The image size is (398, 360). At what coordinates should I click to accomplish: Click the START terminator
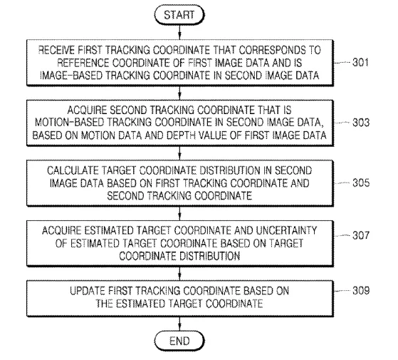(x=179, y=15)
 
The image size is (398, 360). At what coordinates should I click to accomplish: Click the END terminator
(x=179, y=341)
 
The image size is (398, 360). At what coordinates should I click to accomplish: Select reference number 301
(x=360, y=63)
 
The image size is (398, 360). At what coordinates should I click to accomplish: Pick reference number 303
(x=361, y=123)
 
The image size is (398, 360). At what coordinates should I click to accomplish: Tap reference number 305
(x=361, y=183)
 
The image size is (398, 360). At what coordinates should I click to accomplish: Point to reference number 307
(x=361, y=235)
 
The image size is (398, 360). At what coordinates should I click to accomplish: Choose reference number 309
(x=361, y=290)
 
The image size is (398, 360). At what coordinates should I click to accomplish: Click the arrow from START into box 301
(x=179, y=32)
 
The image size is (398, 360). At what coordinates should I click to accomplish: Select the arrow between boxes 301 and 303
(x=179, y=93)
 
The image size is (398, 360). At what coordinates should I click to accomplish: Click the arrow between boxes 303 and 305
(x=179, y=153)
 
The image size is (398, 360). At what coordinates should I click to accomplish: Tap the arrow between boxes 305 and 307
(x=179, y=213)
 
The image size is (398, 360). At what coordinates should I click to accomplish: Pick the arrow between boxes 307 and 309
(x=179, y=273)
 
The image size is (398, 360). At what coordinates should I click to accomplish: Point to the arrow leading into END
(x=179, y=324)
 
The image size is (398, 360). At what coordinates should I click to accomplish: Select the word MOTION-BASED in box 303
(x=70, y=123)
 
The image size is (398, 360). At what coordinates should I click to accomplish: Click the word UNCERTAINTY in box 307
(x=286, y=231)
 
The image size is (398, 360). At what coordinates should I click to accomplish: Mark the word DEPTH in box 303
(x=181, y=135)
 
